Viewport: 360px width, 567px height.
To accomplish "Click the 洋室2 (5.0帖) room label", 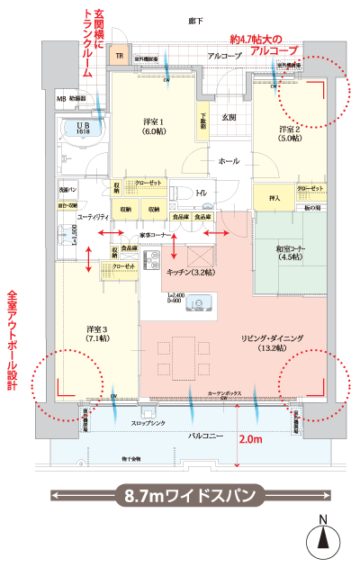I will click(291, 135).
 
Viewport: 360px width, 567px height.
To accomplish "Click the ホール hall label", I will click(228, 160).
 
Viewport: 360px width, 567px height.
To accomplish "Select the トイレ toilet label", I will click(202, 193).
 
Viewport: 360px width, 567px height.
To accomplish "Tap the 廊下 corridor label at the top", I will click(194, 20).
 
